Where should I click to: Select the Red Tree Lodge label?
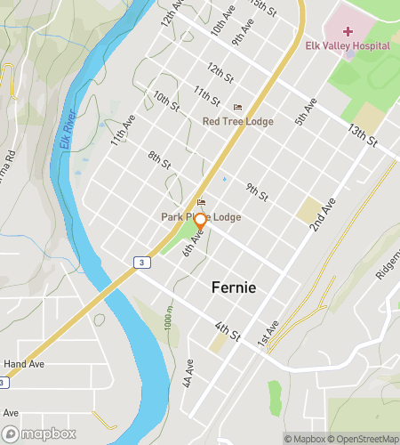[237, 121]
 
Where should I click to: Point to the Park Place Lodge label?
[201, 216]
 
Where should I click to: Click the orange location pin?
[201, 222]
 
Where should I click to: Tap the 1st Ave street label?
[268, 332]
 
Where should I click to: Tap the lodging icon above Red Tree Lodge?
[237, 107]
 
